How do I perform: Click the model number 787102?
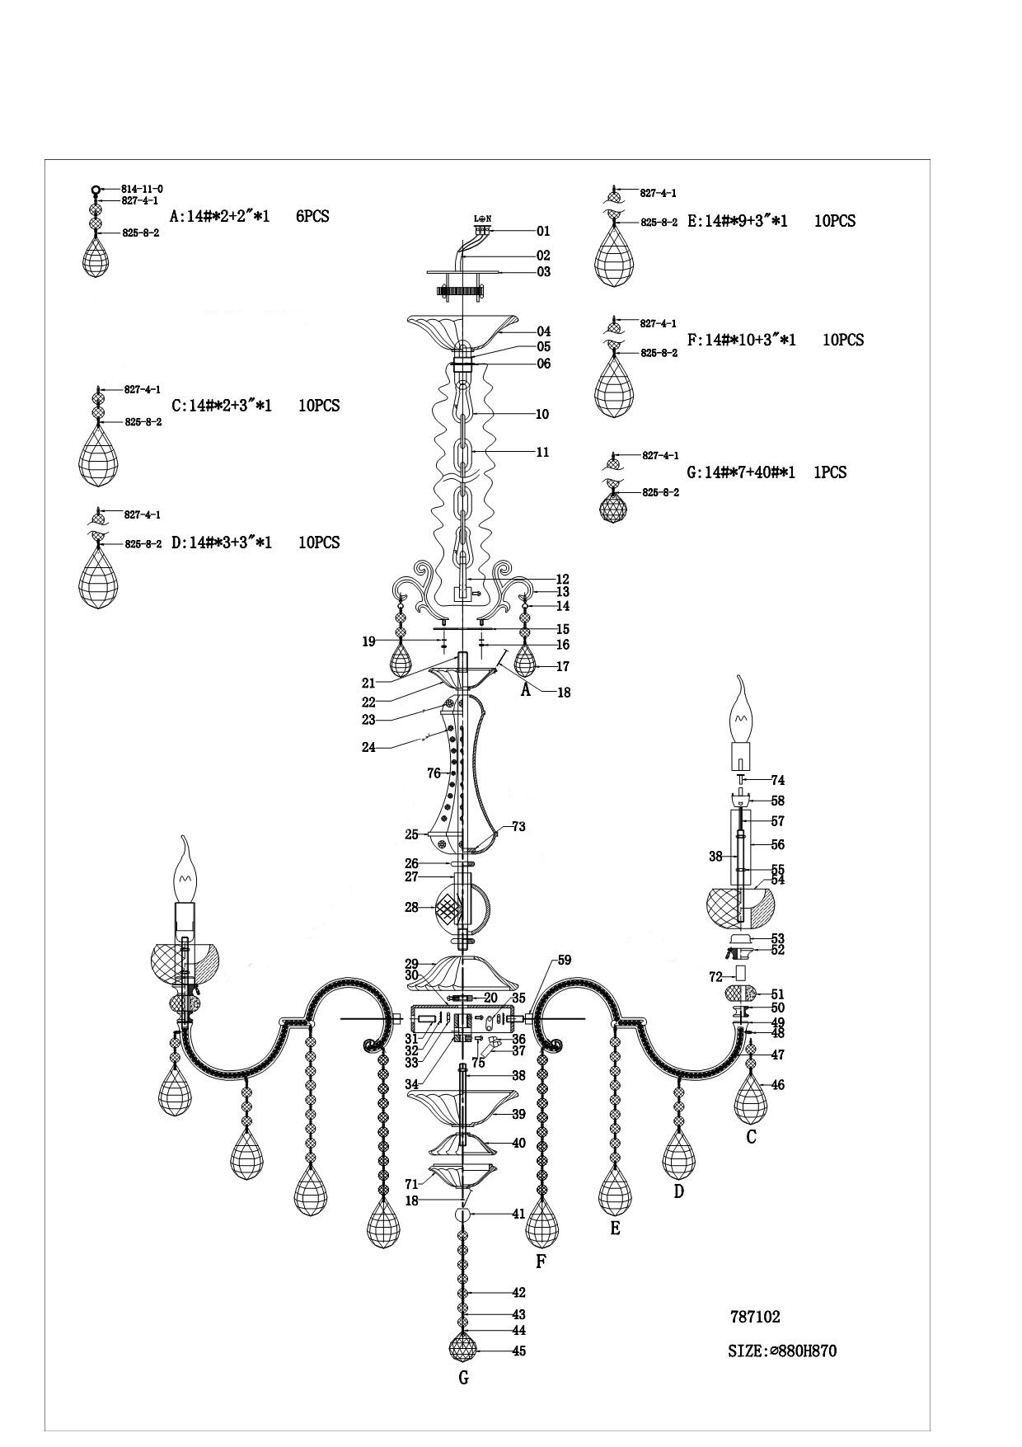[754, 1317]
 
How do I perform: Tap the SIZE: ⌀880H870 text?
[782, 1351]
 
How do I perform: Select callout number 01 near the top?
[542, 232]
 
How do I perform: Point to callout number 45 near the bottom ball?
[518, 1351]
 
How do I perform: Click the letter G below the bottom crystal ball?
[463, 1378]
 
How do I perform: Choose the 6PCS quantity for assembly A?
[312, 217]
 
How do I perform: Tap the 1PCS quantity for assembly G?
[829, 472]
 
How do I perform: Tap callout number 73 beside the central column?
[518, 826]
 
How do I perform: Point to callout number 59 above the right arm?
[564, 960]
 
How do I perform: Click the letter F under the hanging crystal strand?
[541, 1261]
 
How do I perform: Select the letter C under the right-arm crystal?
[751, 1137]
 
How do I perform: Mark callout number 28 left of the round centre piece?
[411, 908]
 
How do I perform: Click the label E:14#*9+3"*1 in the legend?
[737, 221]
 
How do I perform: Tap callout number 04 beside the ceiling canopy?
[543, 331]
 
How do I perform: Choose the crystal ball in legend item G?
[612, 505]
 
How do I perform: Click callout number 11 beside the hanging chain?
[542, 452]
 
